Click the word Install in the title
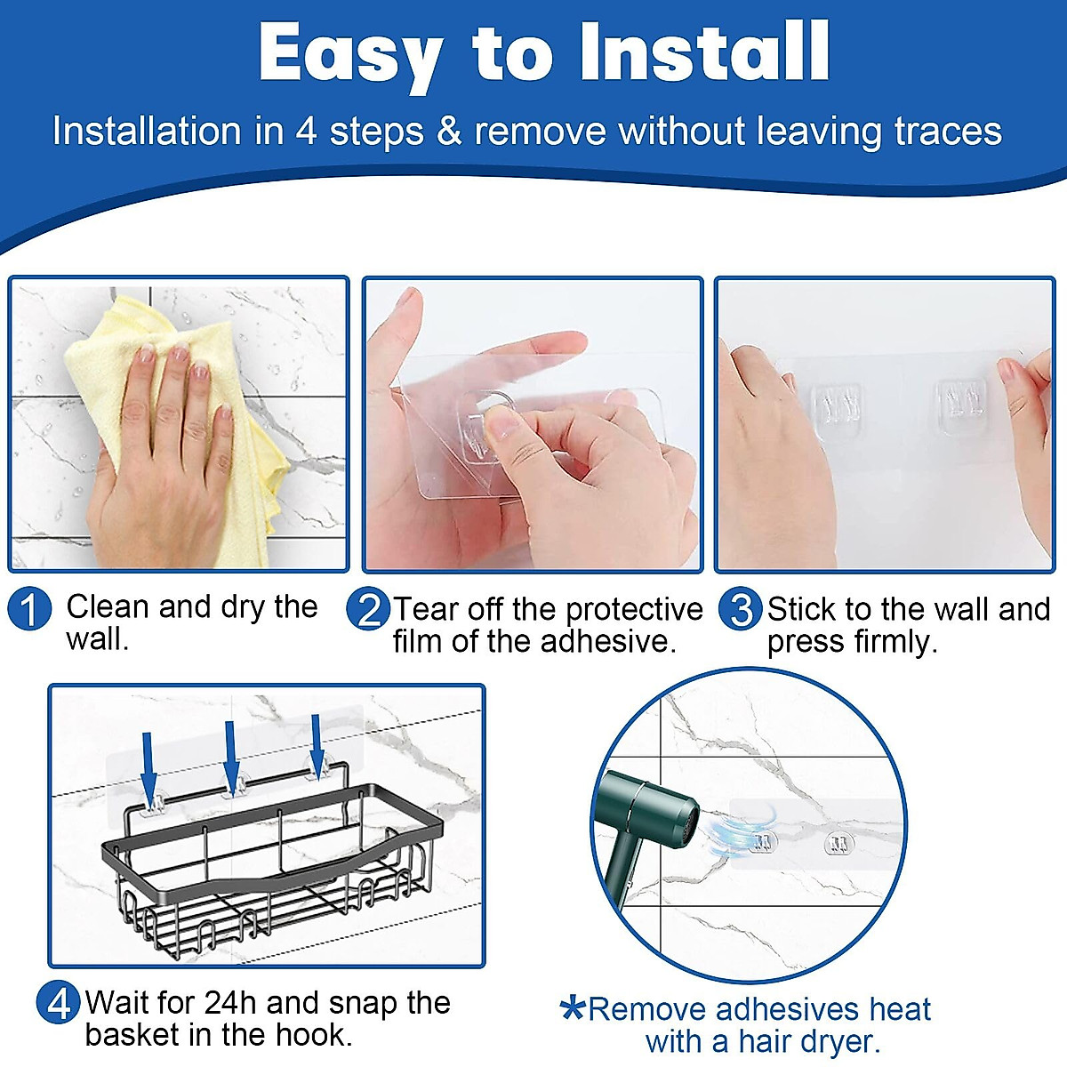pos(704,52)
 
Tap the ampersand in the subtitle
pos(449,132)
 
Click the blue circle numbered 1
pos(30,608)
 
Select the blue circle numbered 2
pos(368,608)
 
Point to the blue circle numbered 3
pos(741,608)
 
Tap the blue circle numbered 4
pos(59,1002)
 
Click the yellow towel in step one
pos(183,421)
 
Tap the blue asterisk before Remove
pos(572,1009)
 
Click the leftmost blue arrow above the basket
pos(148,766)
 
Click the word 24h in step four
pos(230,1002)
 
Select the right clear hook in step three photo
pos(963,405)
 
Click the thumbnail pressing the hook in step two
pos(499,422)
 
